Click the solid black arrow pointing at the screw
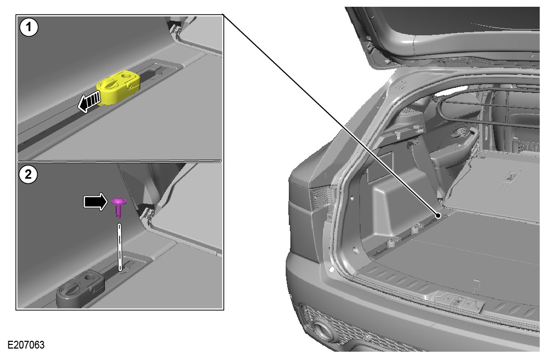[95, 201]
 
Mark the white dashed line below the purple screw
[120, 247]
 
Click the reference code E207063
[26, 344]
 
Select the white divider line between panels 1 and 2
[119, 161]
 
